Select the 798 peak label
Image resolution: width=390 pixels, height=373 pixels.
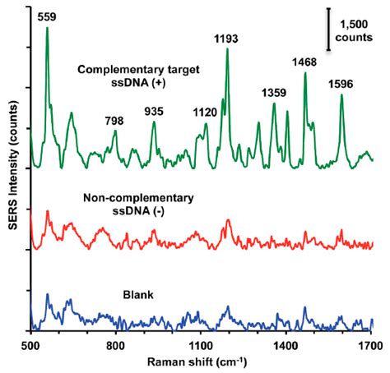pyautogui.click(x=115, y=120)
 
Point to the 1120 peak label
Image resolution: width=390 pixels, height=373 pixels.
pyautogui.click(x=205, y=113)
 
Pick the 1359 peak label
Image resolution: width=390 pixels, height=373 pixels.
pyautogui.click(x=274, y=93)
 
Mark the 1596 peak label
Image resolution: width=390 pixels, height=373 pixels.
pyautogui.click(x=341, y=84)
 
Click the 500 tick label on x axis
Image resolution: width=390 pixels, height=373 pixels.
pyautogui.click(x=30, y=347)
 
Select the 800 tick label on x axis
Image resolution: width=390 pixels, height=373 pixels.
pyautogui.click(x=116, y=347)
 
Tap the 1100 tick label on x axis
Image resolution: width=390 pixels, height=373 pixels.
pyautogui.click(x=201, y=347)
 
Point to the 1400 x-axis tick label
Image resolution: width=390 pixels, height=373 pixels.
pyautogui.click(x=286, y=347)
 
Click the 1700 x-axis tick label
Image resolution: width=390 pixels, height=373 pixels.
pyautogui.click(x=372, y=347)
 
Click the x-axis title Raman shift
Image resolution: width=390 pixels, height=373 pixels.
pyautogui.click(x=201, y=362)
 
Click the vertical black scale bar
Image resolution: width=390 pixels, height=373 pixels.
pyautogui.click(x=329, y=30)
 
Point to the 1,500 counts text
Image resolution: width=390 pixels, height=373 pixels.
pyautogui.click(x=356, y=32)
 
